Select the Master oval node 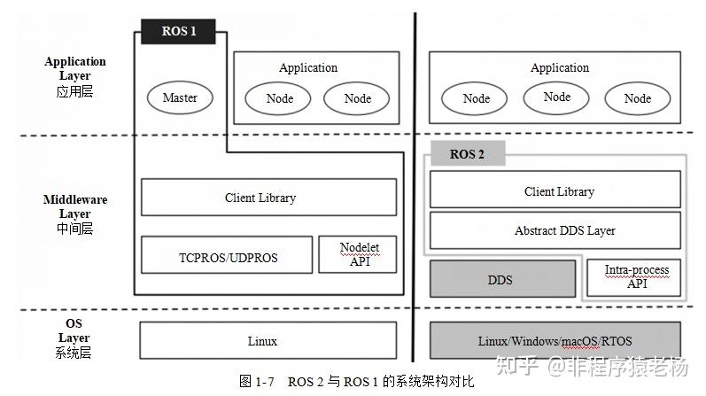[180, 98]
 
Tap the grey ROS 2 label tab [467, 154]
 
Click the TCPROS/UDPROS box [227, 257]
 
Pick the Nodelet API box [357, 255]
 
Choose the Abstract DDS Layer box [555, 230]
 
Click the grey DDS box [500, 279]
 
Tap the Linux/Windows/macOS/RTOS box [555, 341]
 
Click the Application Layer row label [75, 75]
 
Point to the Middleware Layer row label [75, 214]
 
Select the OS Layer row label [75, 338]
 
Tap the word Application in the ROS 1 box [308, 67]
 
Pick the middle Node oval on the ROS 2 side [556, 97]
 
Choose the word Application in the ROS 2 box [559, 67]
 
